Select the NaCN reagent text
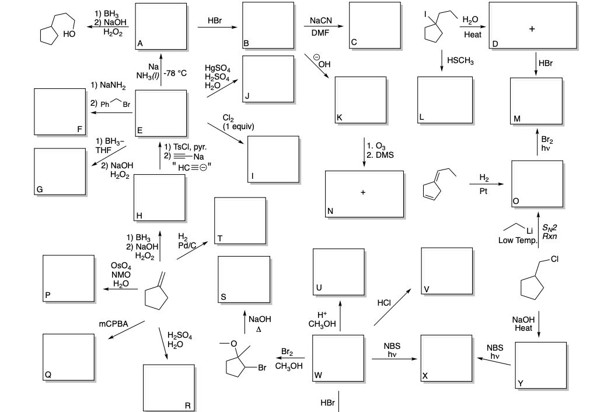(321, 21)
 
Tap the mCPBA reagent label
(113, 323)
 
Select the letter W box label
(318, 375)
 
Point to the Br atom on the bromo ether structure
(262, 368)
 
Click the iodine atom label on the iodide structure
(426, 13)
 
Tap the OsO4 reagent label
(121, 266)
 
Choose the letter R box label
(187, 405)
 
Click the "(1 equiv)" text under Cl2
(238, 126)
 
